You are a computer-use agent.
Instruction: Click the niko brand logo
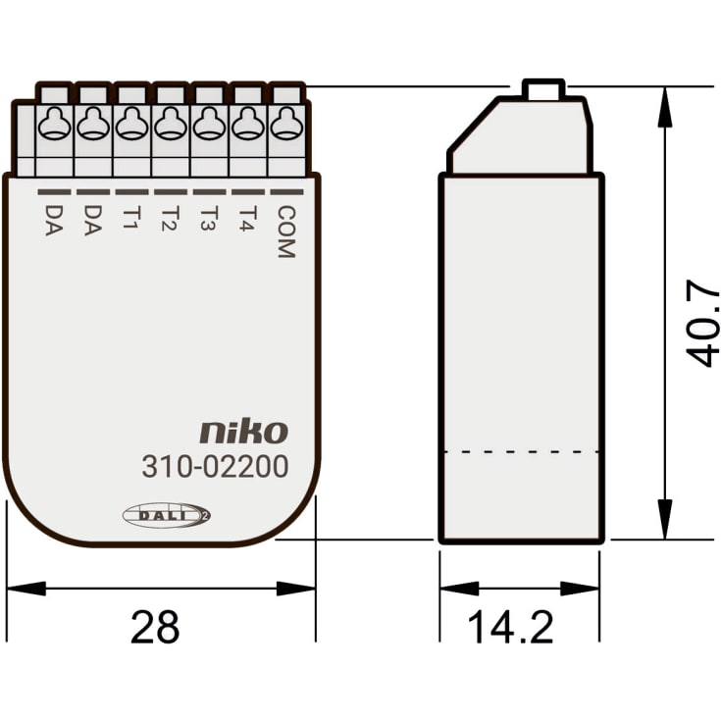(x=244, y=432)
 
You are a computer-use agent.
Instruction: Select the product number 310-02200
(x=215, y=467)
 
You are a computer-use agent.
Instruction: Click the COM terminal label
(x=284, y=232)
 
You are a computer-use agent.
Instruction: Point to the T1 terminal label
(x=130, y=218)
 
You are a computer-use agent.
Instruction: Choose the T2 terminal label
(x=170, y=218)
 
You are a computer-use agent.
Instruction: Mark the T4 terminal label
(x=247, y=218)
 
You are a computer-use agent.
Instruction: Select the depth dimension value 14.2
(x=510, y=628)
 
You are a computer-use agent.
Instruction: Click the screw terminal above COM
(x=284, y=124)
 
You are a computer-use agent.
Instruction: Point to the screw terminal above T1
(x=130, y=124)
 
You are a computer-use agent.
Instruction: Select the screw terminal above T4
(x=246, y=124)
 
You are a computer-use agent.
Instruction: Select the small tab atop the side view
(x=543, y=89)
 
